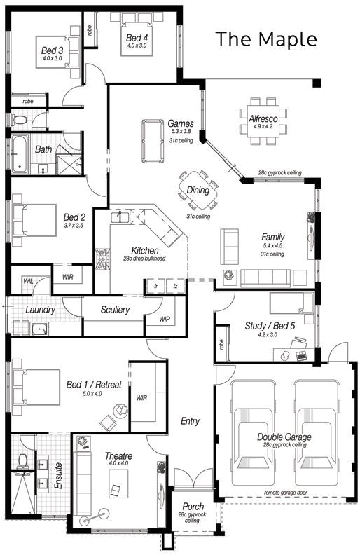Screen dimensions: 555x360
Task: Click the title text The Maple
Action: click(x=265, y=39)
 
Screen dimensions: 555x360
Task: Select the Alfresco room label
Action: click(x=263, y=118)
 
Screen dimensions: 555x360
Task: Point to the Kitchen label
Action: click(x=145, y=250)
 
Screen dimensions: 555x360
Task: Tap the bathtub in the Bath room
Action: click(x=20, y=154)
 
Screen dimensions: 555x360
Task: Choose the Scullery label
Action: click(x=115, y=310)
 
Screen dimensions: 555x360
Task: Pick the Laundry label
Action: click(x=41, y=310)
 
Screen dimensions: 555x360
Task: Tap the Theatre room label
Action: click(x=118, y=455)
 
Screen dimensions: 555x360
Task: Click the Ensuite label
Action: click(x=59, y=476)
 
